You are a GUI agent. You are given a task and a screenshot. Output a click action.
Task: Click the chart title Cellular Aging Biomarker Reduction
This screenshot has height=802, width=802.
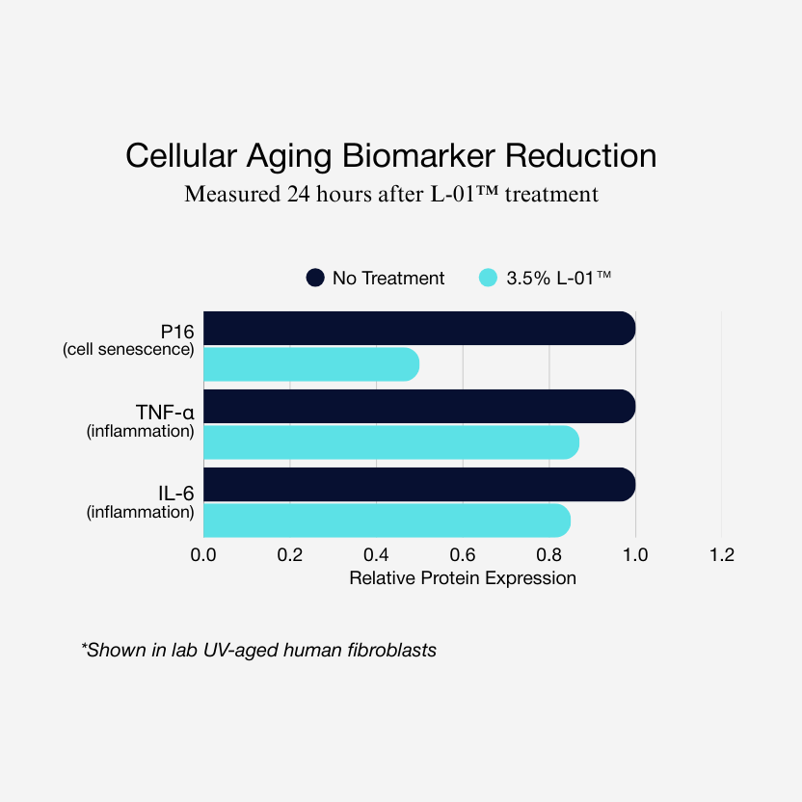point(391,155)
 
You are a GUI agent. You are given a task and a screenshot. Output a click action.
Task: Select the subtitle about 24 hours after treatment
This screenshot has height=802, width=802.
point(391,194)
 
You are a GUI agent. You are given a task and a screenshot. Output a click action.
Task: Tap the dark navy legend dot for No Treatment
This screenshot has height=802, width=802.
point(315,278)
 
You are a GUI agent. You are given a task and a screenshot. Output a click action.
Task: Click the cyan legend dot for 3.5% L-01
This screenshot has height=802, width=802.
point(488,278)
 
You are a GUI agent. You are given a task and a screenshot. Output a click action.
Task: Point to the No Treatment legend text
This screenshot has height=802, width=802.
point(388,279)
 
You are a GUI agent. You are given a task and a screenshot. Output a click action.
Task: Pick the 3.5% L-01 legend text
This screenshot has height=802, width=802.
point(559,279)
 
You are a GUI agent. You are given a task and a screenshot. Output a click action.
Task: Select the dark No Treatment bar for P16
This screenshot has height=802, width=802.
point(419,329)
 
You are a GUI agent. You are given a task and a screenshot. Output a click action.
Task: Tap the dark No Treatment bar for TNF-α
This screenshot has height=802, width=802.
point(419,407)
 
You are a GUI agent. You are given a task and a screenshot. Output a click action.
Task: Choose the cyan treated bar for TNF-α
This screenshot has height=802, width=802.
point(390,442)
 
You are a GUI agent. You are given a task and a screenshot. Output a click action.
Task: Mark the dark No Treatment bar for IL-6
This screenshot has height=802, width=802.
point(419,485)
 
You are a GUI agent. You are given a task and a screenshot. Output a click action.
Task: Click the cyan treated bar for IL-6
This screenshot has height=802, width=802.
point(387,521)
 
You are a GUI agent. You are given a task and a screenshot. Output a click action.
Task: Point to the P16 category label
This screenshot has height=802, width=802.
point(177,332)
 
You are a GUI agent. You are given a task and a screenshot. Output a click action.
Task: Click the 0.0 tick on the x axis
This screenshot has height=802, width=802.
point(203,555)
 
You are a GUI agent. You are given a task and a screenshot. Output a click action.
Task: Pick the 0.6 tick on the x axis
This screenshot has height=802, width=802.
point(463,555)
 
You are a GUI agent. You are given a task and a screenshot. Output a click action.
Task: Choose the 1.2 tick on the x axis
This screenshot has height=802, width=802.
point(721,555)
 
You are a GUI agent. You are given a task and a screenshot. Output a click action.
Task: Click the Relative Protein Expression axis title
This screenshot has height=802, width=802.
point(463,578)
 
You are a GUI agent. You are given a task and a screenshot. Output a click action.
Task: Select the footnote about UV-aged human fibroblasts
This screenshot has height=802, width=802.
point(258,650)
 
